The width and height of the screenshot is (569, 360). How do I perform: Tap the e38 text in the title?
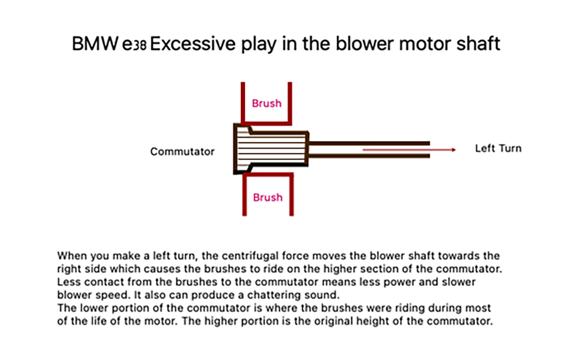(136, 46)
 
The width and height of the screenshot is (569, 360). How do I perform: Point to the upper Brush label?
(266, 103)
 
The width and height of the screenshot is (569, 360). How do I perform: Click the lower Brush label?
(267, 197)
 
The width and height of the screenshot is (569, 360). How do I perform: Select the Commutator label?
(182, 152)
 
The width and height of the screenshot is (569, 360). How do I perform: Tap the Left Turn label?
(498, 148)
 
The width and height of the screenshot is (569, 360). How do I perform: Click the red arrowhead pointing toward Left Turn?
(453, 150)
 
